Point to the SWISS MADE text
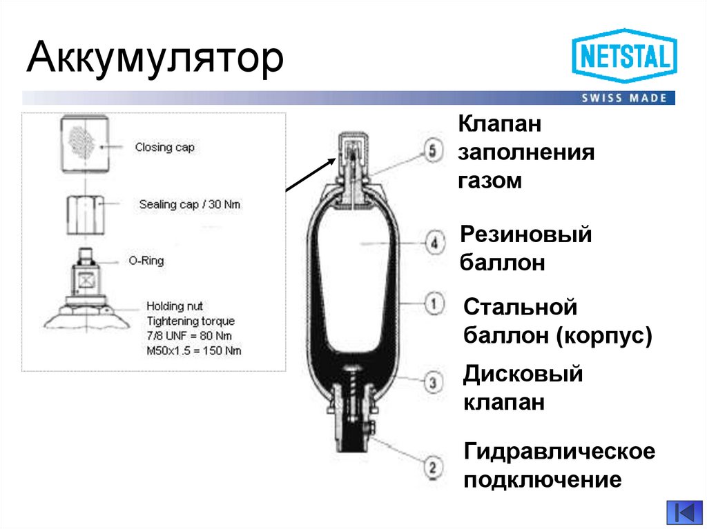[624, 98]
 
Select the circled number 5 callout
[432, 151]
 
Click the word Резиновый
[527, 234]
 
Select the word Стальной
[519, 306]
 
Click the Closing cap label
[164, 147]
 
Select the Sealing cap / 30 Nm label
[190, 205]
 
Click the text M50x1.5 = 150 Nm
[194, 350]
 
